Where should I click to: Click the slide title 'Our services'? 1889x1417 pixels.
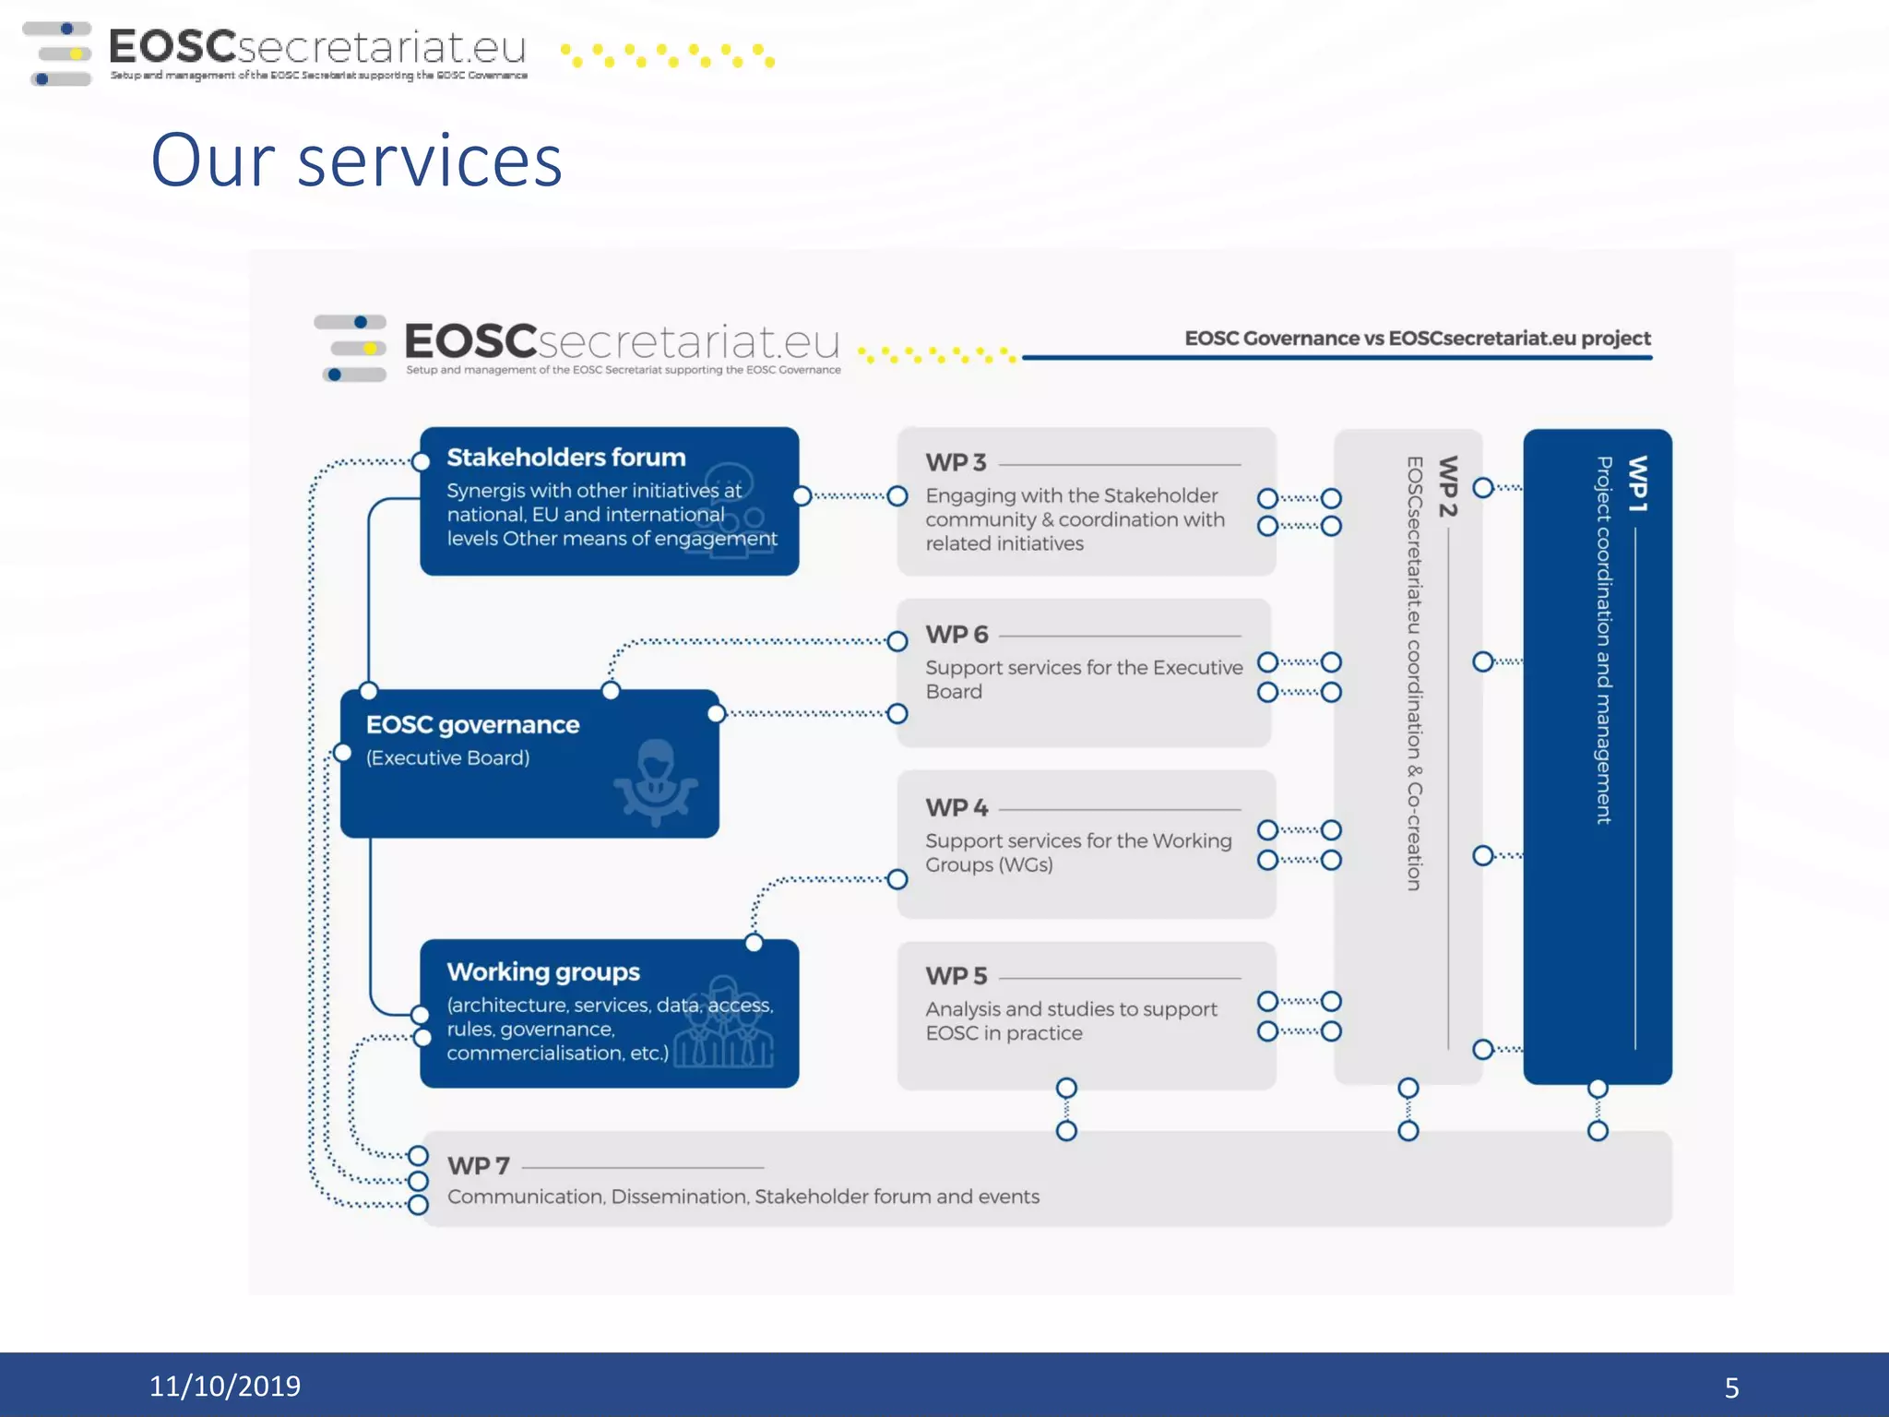pyautogui.click(x=356, y=161)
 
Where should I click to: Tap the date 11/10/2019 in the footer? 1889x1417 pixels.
pyautogui.click(x=224, y=1386)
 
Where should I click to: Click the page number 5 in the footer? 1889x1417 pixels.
pyautogui.click(x=1731, y=1387)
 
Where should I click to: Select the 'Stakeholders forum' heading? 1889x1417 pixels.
pyautogui.click(x=565, y=458)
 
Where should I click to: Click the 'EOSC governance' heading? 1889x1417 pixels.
pyautogui.click(x=472, y=725)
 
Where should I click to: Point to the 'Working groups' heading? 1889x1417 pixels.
pyautogui.click(x=542, y=972)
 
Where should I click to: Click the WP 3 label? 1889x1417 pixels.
pyautogui.click(x=956, y=462)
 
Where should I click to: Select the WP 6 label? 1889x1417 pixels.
pyautogui.click(x=956, y=635)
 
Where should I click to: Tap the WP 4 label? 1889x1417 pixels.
pyautogui.click(x=956, y=808)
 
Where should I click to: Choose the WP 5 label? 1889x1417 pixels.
pyautogui.click(x=956, y=976)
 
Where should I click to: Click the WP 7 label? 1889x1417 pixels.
pyautogui.click(x=478, y=1166)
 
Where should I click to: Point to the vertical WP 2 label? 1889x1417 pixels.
pyautogui.click(x=1448, y=486)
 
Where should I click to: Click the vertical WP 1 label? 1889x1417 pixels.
pyautogui.click(x=1637, y=484)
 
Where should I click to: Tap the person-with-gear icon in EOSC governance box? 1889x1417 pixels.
pyautogui.click(x=655, y=782)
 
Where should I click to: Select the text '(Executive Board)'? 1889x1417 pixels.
pyautogui.click(x=447, y=758)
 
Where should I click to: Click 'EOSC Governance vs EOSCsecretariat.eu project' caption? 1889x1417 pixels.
pyautogui.click(x=1417, y=339)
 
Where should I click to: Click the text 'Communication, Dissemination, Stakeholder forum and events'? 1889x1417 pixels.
pyautogui.click(x=743, y=1197)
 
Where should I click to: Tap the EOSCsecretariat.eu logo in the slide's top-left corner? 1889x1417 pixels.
pyautogui.click(x=277, y=53)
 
